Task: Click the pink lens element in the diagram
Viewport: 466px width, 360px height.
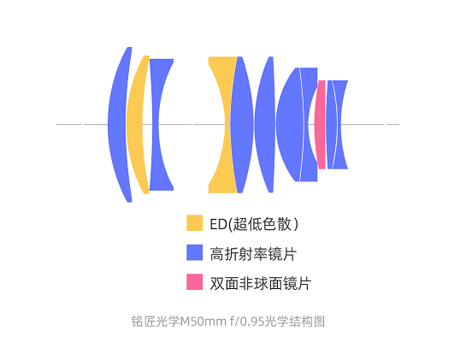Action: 321,125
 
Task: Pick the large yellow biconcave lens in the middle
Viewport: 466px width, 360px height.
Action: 221,125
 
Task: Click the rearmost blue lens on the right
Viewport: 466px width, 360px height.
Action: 340,125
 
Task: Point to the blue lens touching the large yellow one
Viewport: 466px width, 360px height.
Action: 241,125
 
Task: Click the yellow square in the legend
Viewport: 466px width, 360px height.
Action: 195,223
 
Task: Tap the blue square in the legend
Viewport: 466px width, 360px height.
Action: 195,252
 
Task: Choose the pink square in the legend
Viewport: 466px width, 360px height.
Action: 195,282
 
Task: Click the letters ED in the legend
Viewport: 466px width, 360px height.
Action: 218,224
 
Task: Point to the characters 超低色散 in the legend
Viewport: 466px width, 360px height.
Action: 262,224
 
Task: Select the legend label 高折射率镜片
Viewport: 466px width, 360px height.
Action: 253,254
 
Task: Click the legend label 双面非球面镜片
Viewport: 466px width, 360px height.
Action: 261,283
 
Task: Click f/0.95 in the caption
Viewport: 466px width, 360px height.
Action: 247,322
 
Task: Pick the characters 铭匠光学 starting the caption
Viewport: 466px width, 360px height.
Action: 156,322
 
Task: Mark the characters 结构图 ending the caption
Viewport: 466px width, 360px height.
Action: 307,322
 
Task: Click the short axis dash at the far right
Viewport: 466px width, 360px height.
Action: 392,124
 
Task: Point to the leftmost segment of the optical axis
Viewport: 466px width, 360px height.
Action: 69,124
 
